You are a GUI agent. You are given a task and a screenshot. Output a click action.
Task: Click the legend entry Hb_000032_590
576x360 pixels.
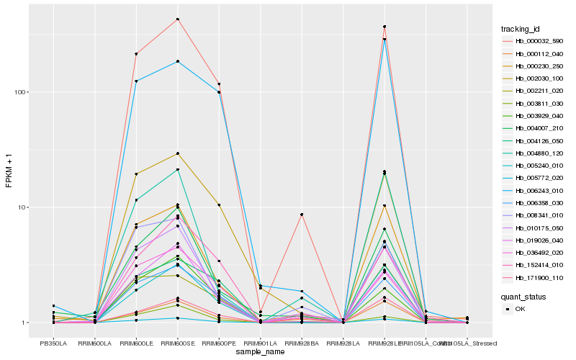[x=534, y=41]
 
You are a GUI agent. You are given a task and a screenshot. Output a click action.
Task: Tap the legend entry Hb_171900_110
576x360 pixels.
[x=534, y=278]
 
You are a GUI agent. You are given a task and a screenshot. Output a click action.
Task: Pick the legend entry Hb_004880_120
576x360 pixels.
[x=534, y=153]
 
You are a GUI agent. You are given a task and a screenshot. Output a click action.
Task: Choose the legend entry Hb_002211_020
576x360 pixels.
[x=534, y=91]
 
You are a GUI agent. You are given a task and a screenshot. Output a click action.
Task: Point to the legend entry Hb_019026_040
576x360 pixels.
[x=534, y=240]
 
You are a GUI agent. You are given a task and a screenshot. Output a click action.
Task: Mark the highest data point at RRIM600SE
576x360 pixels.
[x=177, y=19]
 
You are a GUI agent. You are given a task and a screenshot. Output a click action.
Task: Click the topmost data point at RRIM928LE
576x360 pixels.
[x=384, y=27]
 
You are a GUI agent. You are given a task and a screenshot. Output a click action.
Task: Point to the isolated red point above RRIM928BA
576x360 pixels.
[x=302, y=215]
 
